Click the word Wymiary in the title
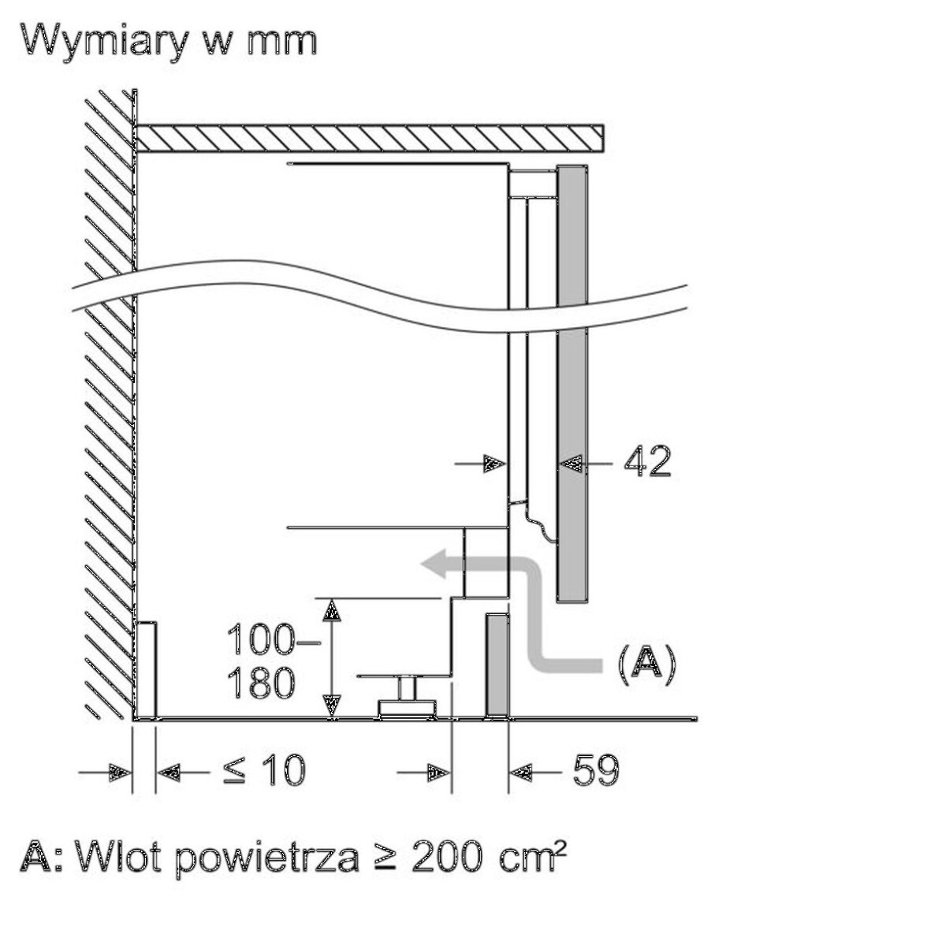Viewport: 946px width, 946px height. (x=104, y=39)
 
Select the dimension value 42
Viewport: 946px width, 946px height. (x=646, y=463)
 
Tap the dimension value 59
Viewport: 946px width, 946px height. (x=595, y=770)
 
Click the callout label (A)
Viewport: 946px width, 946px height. (x=646, y=662)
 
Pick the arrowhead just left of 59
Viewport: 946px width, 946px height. (x=521, y=772)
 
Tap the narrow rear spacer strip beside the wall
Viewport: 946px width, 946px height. (x=147, y=670)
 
